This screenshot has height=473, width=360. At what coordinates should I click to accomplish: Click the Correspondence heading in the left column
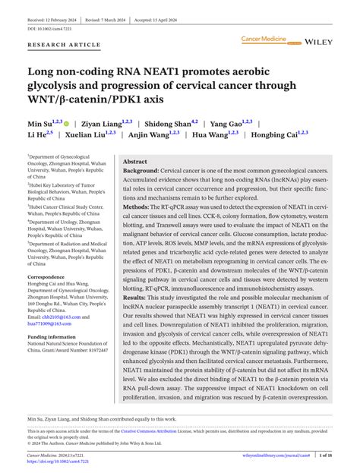pyautogui.click(x=52, y=278)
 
